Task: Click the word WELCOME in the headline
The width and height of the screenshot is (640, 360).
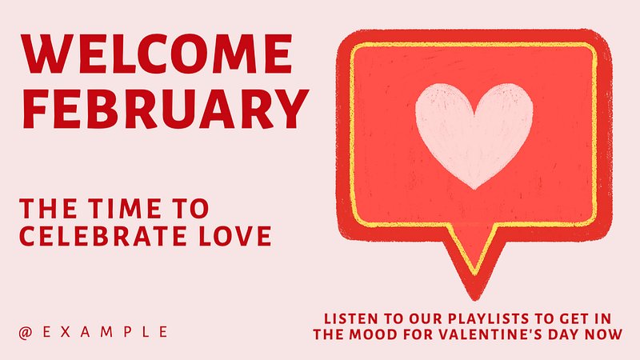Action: (158, 54)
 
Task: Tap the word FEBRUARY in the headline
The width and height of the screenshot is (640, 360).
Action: (166, 109)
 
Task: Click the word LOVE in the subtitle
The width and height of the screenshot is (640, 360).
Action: (235, 236)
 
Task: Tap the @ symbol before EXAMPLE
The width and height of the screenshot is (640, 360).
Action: (26, 333)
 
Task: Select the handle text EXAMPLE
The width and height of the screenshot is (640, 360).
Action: (105, 332)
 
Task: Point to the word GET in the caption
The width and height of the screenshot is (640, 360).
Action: (574, 318)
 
